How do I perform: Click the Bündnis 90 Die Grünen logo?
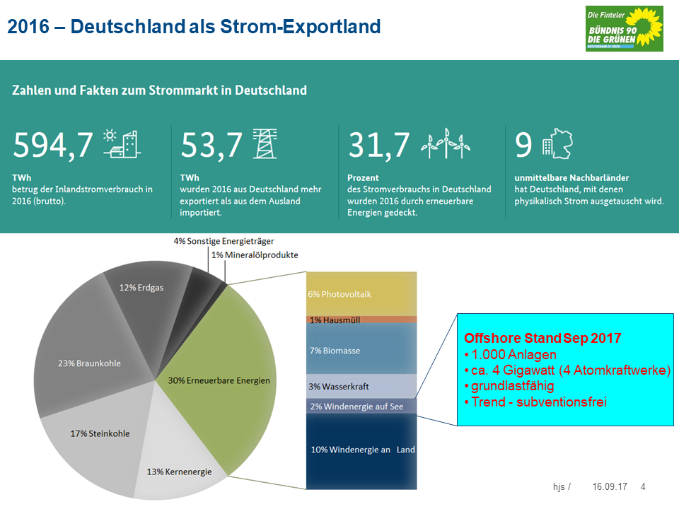coord(624,28)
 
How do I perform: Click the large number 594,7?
coord(53,145)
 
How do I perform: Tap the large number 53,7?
coord(211,145)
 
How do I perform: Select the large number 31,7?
coord(378,145)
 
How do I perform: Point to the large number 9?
coord(523,145)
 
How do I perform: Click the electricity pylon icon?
coord(265,144)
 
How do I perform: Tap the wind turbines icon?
coord(446,144)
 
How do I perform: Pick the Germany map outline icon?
coord(558,144)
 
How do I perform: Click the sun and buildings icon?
coord(122,144)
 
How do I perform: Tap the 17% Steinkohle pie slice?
coord(100,437)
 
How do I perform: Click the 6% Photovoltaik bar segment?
coord(361,294)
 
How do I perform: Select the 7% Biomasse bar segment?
coord(361,349)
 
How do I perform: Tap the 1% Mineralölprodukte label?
coord(255,255)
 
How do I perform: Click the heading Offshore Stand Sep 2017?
coord(542,338)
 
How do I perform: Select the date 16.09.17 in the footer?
coord(610,486)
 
